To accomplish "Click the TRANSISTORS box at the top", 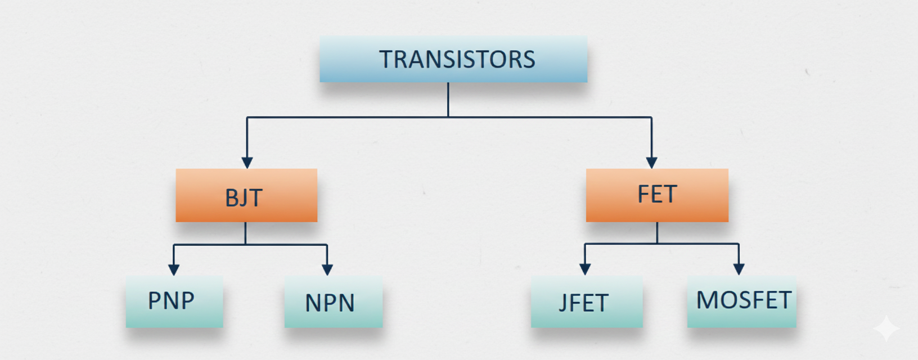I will point(453,60).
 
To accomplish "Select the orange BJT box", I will point(246,195).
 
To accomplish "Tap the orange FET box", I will point(657,195).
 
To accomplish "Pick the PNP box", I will point(174,301).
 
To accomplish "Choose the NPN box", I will point(333,301).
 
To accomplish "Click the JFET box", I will point(586,301).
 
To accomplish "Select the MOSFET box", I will point(741,301).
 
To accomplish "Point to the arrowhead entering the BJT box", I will point(247,163).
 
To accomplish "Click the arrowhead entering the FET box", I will point(651,163).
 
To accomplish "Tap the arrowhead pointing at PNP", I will point(174,269).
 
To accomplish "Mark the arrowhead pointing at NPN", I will point(327,269).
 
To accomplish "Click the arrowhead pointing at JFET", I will point(585,269).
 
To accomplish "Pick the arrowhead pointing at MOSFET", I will point(739,269).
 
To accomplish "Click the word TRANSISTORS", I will point(457,60).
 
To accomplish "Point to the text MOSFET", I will point(744,300).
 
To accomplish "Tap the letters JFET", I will point(583,303).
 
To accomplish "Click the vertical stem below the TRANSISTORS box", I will point(448,100).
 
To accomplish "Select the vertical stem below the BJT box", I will point(245,233).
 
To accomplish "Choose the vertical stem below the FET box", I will point(657,232).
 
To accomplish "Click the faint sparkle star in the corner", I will point(886,328).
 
